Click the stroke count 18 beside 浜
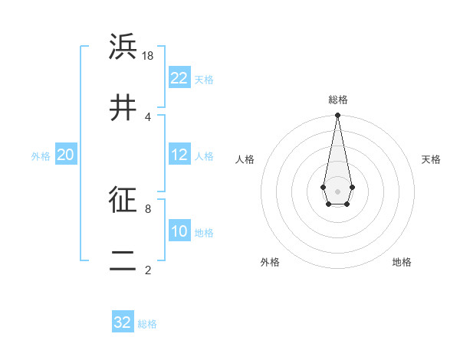149,55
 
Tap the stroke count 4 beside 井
148,116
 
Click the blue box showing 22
179,78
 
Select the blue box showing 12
179,155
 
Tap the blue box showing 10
179,231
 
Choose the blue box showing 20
66,155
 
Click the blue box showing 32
123,322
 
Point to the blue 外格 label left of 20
41,156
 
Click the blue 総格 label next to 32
147,324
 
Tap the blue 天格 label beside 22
204,80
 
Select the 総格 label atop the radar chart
338,100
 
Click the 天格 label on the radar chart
431,159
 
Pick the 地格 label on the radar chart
402,262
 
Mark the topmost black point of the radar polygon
337,116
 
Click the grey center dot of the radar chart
337,191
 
